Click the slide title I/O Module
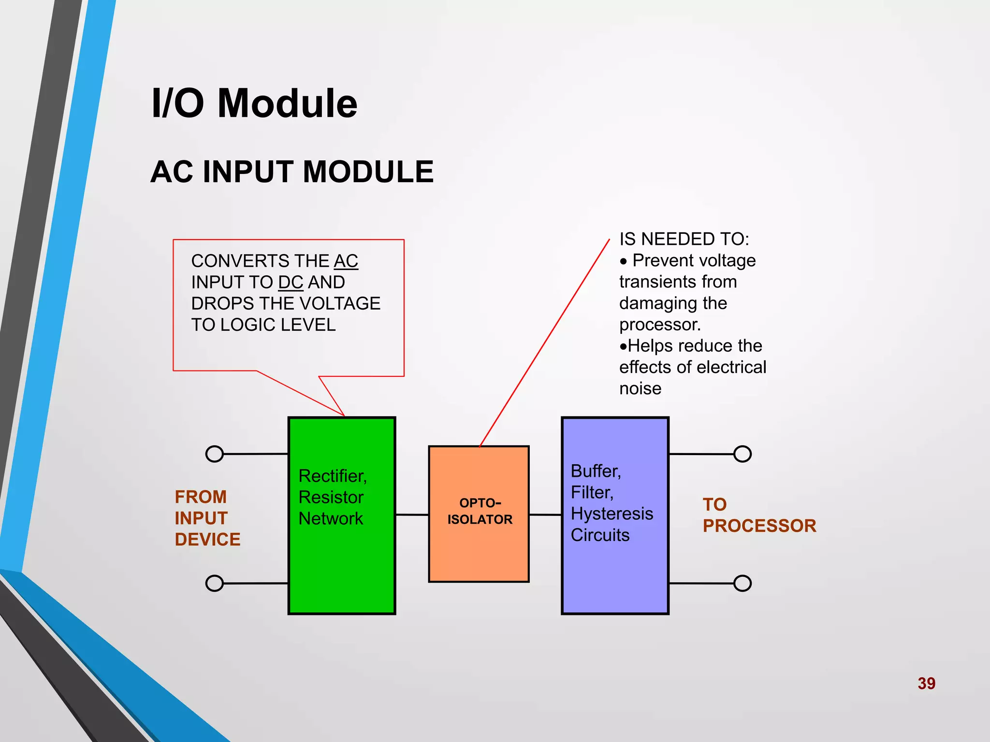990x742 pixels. [254, 103]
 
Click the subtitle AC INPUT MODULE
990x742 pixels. [292, 172]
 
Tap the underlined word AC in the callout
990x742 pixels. [346, 261]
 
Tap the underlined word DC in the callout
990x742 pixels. [291, 283]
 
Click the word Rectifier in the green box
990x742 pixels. [332, 476]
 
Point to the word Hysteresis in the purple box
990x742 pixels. [611, 514]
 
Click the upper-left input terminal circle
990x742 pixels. [214, 454]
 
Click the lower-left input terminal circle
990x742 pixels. [214, 584]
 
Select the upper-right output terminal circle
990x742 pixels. [742, 454]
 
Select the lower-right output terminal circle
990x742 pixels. [742, 584]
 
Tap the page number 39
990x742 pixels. [926, 684]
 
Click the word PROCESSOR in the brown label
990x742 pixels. [759, 526]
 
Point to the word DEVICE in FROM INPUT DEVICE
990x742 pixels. [207, 540]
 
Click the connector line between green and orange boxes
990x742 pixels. [412, 515]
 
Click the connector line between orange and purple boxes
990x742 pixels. [545, 515]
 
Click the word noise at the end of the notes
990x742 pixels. [640, 389]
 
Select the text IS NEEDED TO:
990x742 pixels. [684, 240]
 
